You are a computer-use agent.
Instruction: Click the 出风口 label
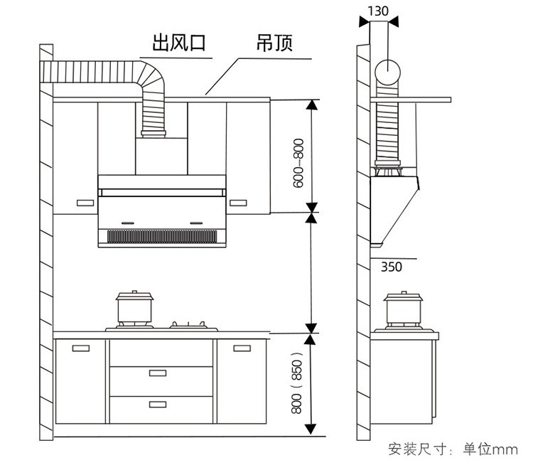(x=178, y=43)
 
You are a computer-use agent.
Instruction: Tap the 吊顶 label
(x=274, y=43)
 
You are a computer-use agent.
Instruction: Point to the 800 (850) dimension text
(x=298, y=384)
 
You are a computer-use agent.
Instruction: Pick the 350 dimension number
(x=391, y=267)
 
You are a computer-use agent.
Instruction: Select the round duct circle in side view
(x=388, y=73)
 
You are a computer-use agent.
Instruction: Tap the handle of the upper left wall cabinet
(x=84, y=203)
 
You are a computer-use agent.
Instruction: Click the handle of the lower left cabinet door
(x=80, y=348)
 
